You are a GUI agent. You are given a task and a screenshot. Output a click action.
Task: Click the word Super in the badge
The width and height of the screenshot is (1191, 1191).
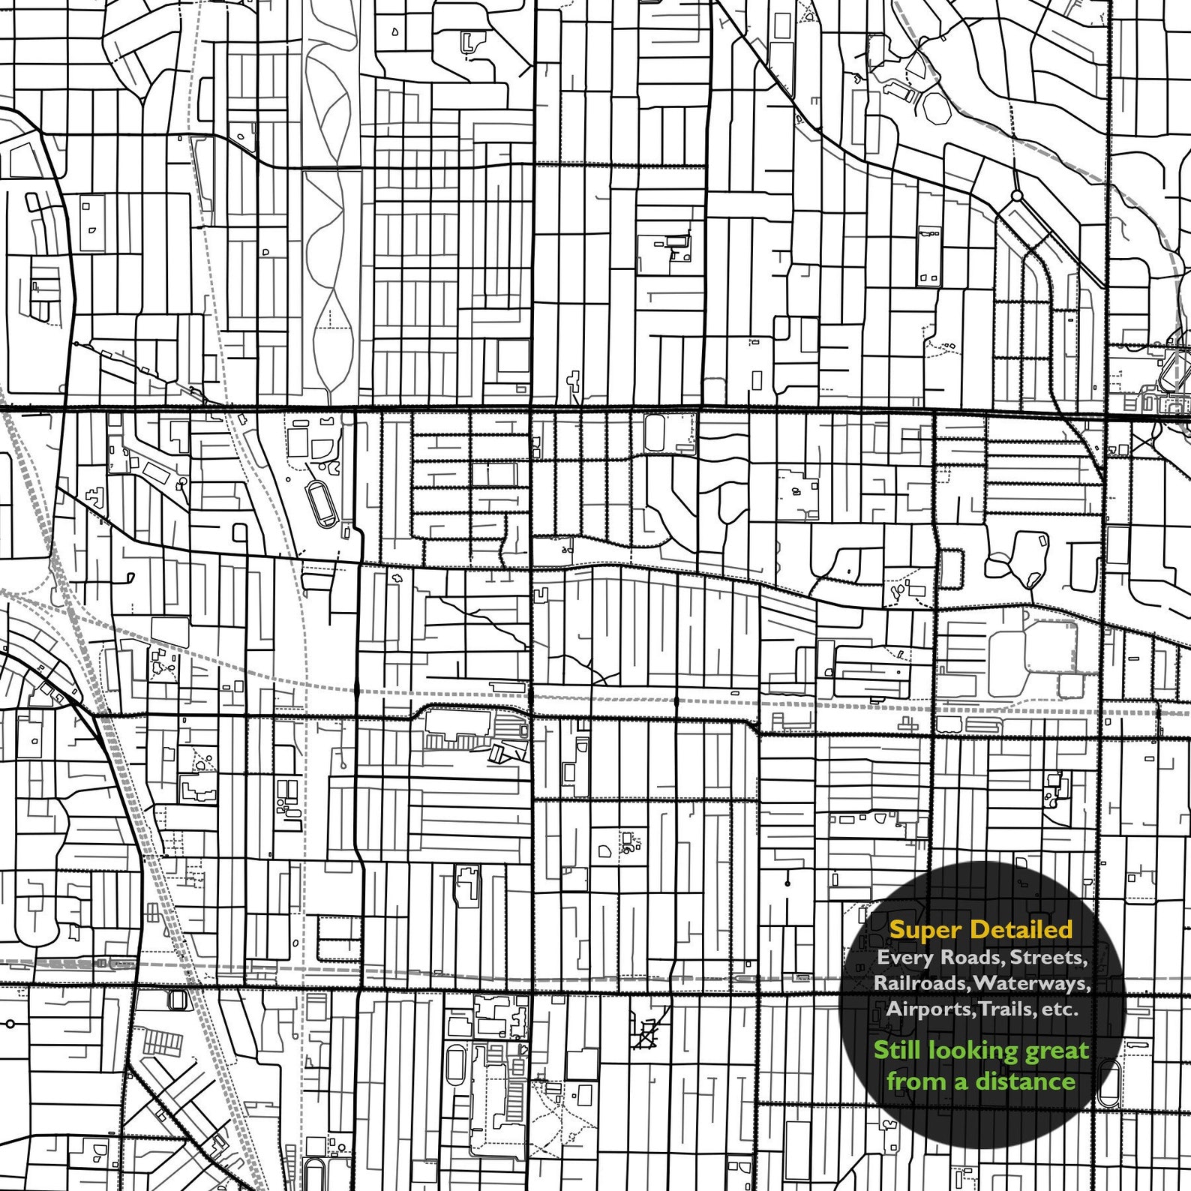click(x=924, y=930)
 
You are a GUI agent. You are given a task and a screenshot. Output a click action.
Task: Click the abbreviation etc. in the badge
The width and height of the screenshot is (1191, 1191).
click(x=1058, y=1009)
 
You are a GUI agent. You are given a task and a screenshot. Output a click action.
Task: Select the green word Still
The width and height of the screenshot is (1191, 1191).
click(x=896, y=1050)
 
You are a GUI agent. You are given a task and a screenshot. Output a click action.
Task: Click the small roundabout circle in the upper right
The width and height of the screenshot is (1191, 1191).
click(x=1017, y=196)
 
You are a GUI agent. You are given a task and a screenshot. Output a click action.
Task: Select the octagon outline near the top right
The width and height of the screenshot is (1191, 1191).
click(x=936, y=108)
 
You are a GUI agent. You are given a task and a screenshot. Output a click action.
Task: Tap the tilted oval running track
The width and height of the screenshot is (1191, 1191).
click(x=322, y=503)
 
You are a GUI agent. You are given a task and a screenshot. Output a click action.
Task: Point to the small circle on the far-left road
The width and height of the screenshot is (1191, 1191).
click(x=10, y=1023)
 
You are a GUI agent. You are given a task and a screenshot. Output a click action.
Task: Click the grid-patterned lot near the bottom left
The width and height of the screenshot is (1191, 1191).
click(x=163, y=1042)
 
